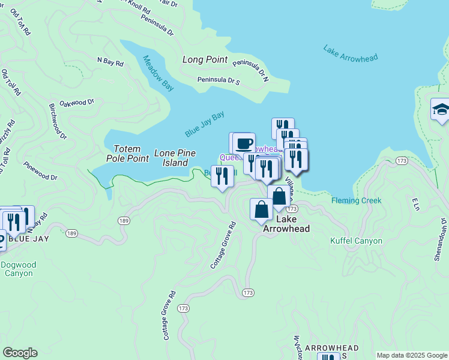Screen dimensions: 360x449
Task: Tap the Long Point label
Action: [x=205, y=60]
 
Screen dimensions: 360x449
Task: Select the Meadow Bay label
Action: [x=158, y=73]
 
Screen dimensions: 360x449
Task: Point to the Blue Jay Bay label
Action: [x=204, y=124]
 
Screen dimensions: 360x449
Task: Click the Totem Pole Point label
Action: [x=127, y=154]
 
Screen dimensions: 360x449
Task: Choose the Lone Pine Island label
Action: [x=175, y=158]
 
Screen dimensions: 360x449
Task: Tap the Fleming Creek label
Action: [x=357, y=200]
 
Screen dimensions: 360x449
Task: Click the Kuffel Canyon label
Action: [x=357, y=241]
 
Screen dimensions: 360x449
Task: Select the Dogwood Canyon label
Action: [x=21, y=269]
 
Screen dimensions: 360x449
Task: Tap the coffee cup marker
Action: [x=244, y=143]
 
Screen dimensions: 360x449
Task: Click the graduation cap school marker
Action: [x=441, y=110]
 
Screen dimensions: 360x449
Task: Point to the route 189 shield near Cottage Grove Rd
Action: [x=124, y=221]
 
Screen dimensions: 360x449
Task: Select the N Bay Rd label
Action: [x=110, y=62]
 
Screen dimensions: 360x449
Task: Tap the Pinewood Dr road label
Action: [x=41, y=170]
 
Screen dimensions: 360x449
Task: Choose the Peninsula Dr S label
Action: [x=219, y=80]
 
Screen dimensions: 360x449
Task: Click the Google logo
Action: [x=20, y=353]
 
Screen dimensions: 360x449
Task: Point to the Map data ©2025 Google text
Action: [x=411, y=355]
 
